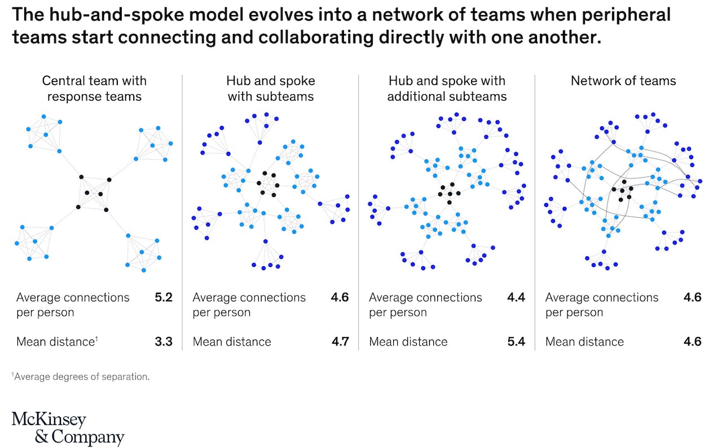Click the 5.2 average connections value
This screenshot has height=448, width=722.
(x=164, y=297)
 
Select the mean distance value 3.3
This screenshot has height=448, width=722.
(x=164, y=341)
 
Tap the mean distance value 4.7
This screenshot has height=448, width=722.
(x=340, y=341)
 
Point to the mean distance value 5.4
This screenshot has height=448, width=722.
(x=516, y=341)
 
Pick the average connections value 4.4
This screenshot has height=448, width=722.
(x=516, y=297)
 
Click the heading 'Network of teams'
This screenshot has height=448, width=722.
(x=623, y=81)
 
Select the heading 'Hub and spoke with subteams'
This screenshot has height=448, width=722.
(x=271, y=89)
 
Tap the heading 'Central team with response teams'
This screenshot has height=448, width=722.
(x=94, y=89)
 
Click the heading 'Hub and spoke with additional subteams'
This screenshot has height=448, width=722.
(x=447, y=89)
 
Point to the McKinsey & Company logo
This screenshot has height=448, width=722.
(x=68, y=428)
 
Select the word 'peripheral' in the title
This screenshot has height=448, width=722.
(x=626, y=15)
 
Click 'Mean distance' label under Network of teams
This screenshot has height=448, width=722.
(x=585, y=341)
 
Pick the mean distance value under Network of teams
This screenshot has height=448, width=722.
(x=692, y=341)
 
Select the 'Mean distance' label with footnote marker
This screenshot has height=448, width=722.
(x=57, y=341)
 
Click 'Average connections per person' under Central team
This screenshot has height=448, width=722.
(x=73, y=305)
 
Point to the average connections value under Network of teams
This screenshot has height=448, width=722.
(x=692, y=297)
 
